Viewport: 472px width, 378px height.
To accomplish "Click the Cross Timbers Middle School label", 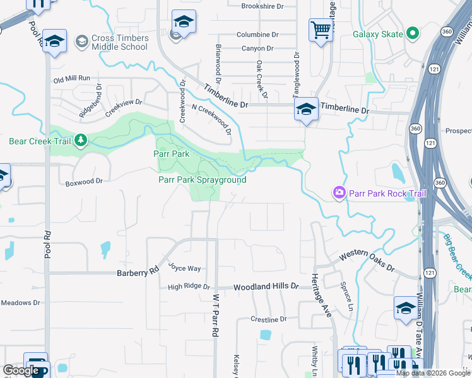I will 120,42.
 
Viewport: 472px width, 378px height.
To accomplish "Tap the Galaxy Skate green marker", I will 413,33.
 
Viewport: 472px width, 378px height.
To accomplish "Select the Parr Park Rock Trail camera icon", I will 339,192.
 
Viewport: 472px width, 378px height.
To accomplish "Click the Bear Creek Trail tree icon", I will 81,140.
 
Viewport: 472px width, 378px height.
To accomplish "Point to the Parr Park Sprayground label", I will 202,180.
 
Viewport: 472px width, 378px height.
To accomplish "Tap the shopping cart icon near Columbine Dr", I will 321,30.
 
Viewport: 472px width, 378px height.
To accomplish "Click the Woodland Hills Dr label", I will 266,286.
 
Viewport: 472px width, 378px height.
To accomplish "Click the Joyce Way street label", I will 184,268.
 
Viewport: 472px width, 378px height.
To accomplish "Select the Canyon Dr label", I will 257,48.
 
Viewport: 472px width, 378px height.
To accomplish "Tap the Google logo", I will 21,370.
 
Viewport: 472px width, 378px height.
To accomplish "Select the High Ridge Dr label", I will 189,287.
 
